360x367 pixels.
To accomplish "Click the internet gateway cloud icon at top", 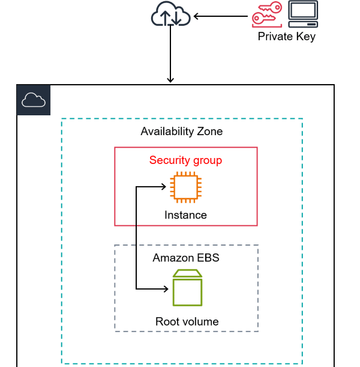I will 170,16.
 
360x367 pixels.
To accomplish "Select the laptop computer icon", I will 302,15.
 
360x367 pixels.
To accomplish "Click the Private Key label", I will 286,37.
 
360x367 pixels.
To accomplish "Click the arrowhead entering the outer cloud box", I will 170,79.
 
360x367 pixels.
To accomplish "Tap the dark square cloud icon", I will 34,100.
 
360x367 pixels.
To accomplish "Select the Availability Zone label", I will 182,132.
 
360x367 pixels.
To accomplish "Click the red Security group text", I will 185,160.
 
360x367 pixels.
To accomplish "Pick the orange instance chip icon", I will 185,186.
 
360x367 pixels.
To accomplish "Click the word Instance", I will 185,215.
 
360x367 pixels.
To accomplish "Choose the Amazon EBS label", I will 186,258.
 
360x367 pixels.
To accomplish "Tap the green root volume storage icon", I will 187,288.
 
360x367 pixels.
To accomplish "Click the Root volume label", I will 187,321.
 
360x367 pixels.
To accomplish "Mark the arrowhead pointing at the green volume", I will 164,289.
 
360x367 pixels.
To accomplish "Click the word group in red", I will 207,160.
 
